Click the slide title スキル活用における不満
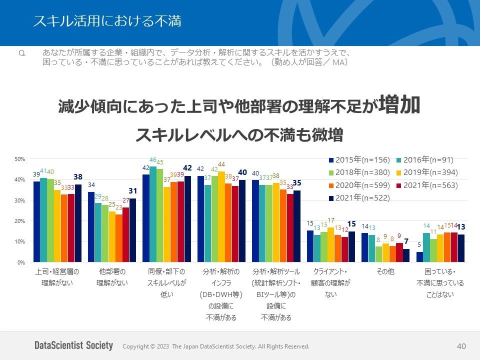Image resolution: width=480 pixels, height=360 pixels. (107, 21)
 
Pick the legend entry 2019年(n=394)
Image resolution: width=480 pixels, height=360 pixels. (428, 172)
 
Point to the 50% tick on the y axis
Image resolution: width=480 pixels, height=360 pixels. (20, 159)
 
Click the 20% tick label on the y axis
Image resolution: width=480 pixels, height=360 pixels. (20, 221)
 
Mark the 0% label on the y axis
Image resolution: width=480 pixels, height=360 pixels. (21, 262)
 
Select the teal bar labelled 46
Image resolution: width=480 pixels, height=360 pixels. (153, 214)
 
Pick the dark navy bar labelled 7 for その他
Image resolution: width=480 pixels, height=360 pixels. (406, 255)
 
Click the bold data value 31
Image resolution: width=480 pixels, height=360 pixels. (132, 191)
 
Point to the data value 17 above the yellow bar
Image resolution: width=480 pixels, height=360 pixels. (330, 220)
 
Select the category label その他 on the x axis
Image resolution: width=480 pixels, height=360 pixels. (385, 272)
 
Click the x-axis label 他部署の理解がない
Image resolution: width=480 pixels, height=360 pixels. (112, 277)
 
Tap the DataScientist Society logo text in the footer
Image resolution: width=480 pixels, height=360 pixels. (73, 346)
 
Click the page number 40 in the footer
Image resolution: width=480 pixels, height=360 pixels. (461, 346)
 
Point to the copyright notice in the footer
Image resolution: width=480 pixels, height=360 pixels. (216, 346)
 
